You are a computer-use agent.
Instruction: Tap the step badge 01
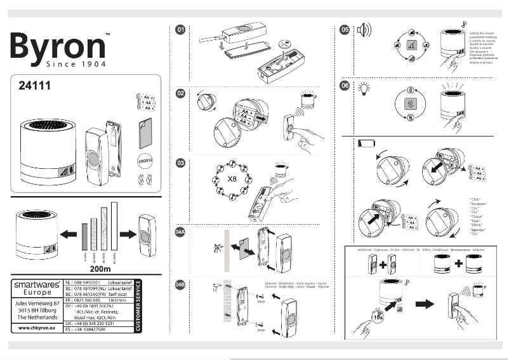point(180,29)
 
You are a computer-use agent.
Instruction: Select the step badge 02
point(180,93)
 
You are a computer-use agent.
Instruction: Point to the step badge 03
point(180,163)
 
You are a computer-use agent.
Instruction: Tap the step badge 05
point(345,29)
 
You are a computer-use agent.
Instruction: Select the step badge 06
point(345,86)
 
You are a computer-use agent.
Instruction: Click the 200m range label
point(84,269)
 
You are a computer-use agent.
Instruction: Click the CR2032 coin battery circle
point(146,161)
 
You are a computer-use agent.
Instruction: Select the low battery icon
point(366,144)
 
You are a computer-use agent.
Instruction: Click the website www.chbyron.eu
point(37,328)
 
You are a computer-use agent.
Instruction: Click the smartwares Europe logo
point(37,289)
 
